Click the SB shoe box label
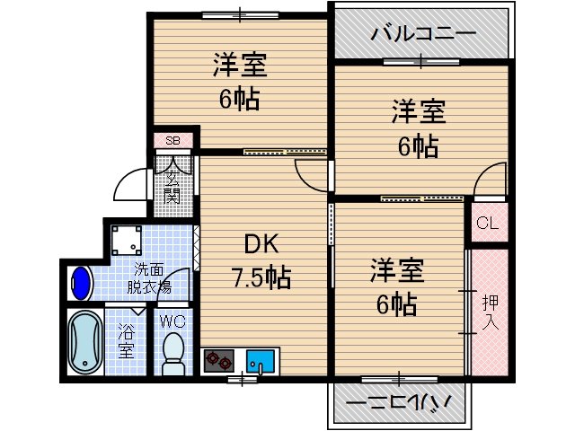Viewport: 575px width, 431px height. point(172,141)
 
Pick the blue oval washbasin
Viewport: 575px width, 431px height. point(81,284)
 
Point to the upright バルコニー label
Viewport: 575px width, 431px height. point(423,34)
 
